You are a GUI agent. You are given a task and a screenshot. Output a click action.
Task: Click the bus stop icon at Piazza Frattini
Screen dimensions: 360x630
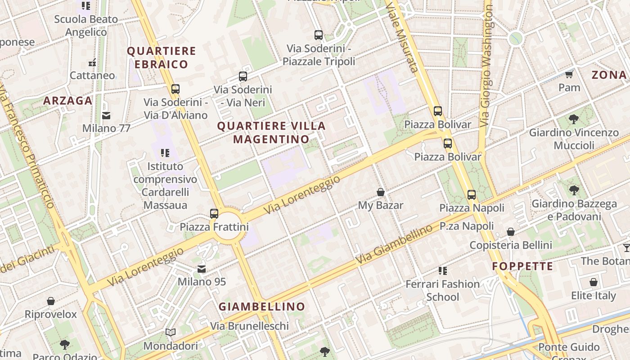(x=214, y=213)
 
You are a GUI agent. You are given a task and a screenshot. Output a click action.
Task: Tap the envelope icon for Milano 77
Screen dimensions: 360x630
(x=106, y=116)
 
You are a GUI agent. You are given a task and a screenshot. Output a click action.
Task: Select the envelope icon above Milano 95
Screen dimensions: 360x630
(x=202, y=269)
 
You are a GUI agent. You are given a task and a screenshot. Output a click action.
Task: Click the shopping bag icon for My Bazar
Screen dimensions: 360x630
(x=381, y=193)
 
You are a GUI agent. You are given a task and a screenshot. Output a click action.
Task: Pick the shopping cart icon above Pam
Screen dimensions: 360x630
(x=569, y=74)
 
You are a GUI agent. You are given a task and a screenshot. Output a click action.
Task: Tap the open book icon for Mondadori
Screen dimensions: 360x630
(x=171, y=333)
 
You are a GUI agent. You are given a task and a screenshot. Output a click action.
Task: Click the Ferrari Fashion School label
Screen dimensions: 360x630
(x=443, y=290)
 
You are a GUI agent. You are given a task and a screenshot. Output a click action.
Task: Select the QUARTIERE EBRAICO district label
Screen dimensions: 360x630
(x=162, y=58)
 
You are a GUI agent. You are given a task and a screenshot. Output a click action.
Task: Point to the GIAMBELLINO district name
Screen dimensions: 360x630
(x=262, y=307)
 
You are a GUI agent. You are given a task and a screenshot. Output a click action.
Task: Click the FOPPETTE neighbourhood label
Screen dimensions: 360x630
(x=522, y=266)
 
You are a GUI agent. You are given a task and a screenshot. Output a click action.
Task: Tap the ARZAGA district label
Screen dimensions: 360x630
(x=68, y=101)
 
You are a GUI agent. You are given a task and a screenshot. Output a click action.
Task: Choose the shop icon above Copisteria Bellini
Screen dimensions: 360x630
(x=511, y=232)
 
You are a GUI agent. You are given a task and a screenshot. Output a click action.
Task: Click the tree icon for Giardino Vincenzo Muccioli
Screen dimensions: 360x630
(x=574, y=119)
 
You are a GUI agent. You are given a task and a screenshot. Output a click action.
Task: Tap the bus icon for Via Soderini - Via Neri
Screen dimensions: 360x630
(x=243, y=76)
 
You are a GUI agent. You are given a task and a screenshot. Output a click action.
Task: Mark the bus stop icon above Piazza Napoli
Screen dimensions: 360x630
(x=472, y=195)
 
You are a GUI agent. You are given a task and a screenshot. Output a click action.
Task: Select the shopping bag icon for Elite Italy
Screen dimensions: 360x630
(x=594, y=283)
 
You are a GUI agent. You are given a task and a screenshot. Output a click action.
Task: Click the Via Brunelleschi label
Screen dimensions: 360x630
(x=249, y=326)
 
